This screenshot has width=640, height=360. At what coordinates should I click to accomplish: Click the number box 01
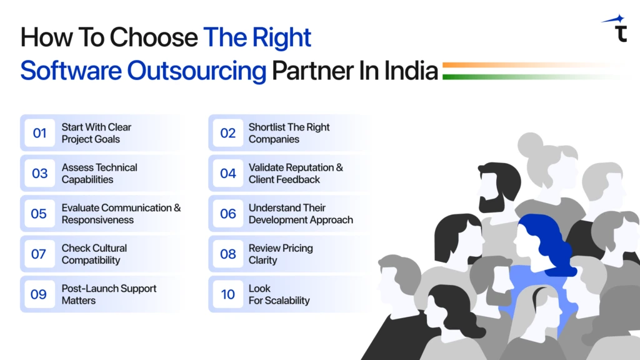[x=40, y=133]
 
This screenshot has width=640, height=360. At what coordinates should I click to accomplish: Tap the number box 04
[x=227, y=173]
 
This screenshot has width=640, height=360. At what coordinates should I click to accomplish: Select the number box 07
[x=39, y=254]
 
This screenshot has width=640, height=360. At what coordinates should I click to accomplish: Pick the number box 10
[x=227, y=294]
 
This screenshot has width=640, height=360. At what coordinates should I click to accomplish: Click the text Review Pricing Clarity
[x=281, y=254]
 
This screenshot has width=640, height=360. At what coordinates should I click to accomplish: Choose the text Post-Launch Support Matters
[x=109, y=294]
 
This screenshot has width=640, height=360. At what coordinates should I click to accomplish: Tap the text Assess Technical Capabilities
[x=99, y=173]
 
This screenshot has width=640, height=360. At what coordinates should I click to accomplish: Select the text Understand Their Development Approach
[x=301, y=214]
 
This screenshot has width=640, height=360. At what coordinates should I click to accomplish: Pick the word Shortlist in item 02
[x=266, y=127]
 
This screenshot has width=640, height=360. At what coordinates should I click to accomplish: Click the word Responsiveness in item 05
[x=97, y=220]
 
